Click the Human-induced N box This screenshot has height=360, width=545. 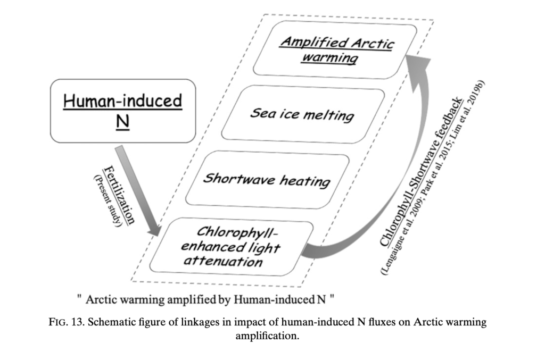(123, 111)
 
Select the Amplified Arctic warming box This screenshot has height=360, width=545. (335, 49)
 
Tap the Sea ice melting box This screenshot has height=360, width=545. (303, 114)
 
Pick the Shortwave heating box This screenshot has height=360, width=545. (267, 180)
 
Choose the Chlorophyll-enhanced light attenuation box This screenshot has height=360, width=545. (232, 247)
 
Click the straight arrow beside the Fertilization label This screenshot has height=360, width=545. (138, 191)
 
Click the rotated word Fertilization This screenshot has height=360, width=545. (119, 195)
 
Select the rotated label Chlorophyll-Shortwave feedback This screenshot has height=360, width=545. (422, 172)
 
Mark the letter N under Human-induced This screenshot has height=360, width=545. (123, 121)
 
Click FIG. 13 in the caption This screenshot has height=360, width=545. (67, 322)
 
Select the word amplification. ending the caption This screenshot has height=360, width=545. (267, 336)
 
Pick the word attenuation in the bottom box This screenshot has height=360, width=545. (223, 261)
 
